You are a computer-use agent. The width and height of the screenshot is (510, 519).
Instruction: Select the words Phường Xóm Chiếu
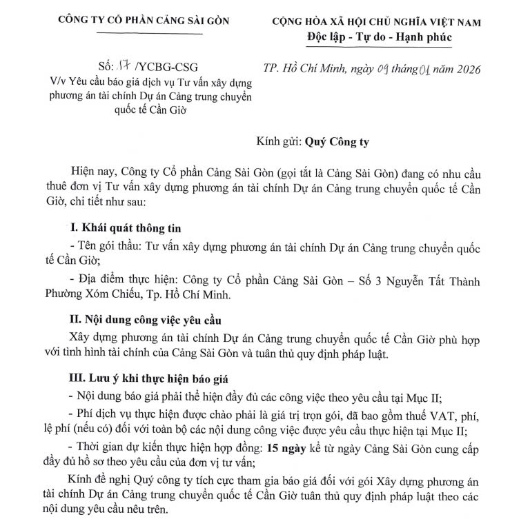pos(95,296)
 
